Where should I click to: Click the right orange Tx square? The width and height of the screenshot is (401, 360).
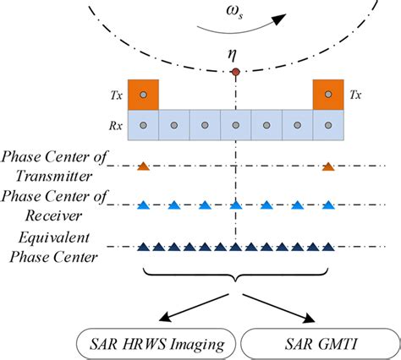coord(328,94)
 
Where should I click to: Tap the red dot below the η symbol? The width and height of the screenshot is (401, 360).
coord(235,74)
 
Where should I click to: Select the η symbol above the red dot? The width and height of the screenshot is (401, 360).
coord(234,56)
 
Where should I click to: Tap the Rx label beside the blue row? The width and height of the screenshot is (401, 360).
coord(117,126)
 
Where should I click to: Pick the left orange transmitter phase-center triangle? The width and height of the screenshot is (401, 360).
coord(143,166)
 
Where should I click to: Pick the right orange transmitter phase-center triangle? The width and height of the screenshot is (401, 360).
coord(328,166)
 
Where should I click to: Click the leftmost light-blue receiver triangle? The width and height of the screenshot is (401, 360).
coord(143,205)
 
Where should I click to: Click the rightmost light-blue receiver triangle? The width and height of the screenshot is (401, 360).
coord(328,205)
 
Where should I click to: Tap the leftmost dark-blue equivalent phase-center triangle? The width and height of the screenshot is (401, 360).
coord(143,248)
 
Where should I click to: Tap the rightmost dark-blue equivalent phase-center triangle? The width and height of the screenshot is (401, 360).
coord(328,248)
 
